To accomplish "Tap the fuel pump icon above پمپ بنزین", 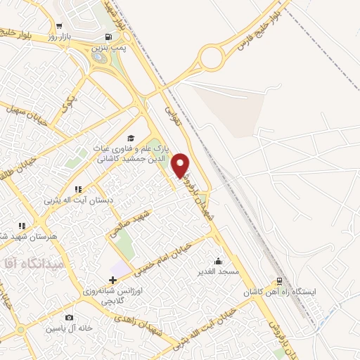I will pos(107,37).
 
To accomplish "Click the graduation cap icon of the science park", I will pos(130,138).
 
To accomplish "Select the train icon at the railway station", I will pos(280,279).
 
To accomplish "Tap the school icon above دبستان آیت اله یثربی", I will pos(78,189).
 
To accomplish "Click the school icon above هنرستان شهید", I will pos(22,226).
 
